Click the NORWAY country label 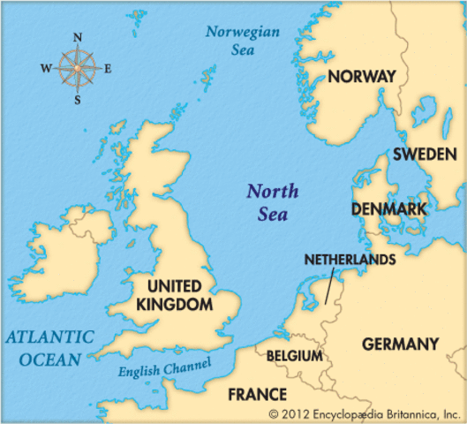[361, 77]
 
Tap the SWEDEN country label [425, 155]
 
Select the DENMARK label [388, 209]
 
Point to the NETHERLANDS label [350, 261]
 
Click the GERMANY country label [400, 344]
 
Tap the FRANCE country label [257, 394]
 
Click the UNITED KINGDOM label [174, 295]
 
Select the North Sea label [272, 202]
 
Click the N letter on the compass [78, 37]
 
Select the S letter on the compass [78, 99]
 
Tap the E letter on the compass [108, 68]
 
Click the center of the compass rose [78, 68]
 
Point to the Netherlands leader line [328, 288]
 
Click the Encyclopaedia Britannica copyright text [365, 413]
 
